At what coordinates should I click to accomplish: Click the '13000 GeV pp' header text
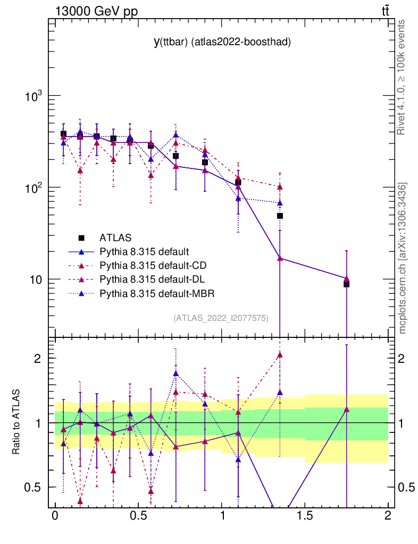[x=96, y=11]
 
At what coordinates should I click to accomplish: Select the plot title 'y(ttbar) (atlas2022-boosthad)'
[x=222, y=43]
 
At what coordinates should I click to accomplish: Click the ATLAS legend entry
[x=115, y=237]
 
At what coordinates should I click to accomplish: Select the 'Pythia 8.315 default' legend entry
[x=144, y=251]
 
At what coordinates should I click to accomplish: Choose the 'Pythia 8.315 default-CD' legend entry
[x=151, y=265]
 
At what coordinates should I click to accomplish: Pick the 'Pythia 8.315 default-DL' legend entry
[x=150, y=279]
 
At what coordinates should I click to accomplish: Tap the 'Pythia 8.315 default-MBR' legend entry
[x=153, y=293]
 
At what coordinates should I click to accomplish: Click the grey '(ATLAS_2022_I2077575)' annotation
[x=221, y=318]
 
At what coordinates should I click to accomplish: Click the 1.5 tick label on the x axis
[x=304, y=515]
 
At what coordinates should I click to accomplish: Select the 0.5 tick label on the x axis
[x=138, y=515]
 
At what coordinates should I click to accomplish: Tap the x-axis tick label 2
[x=387, y=515]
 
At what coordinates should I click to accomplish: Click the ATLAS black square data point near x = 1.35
[x=280, y=216]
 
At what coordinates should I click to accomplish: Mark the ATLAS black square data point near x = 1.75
[x=346, y=284]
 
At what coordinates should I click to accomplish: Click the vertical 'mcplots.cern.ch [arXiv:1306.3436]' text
[x=403, y=258]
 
